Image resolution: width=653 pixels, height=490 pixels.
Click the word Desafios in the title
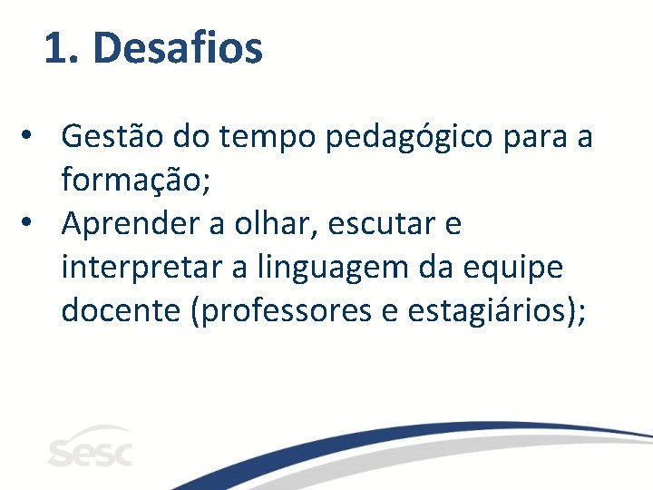point(178,48)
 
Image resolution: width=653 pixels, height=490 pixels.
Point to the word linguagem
point(327,269)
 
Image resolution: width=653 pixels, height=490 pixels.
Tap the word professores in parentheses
point(282,311)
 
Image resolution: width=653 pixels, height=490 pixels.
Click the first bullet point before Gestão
point(31,138)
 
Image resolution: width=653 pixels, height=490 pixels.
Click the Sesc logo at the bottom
point(89,448)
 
